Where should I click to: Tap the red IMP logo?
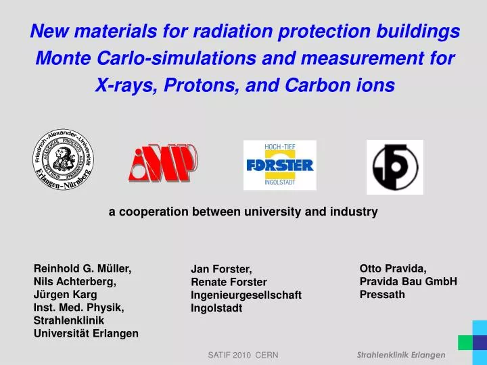(x=162, y=162)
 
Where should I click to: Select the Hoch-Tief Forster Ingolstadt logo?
(x=279, y=165)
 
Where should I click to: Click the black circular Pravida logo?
(x=394, y=167)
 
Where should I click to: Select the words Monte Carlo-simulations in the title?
(x=145, y=59)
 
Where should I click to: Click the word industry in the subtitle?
(x=354, y=212)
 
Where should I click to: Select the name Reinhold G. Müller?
(x=83, y=268)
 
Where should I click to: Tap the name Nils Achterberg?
(x=74, y=281)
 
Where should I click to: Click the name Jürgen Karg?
(x=65, y=294)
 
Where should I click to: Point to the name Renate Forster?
(x=229, y=282)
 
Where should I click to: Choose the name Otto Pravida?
(x=393, y=268)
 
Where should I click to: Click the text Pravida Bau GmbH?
(x=409, y=281)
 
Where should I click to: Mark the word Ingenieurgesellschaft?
(x=246, y=295)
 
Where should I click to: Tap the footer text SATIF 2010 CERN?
(x=243, y=355)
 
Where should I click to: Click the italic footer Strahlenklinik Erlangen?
(x=401, y=355)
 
